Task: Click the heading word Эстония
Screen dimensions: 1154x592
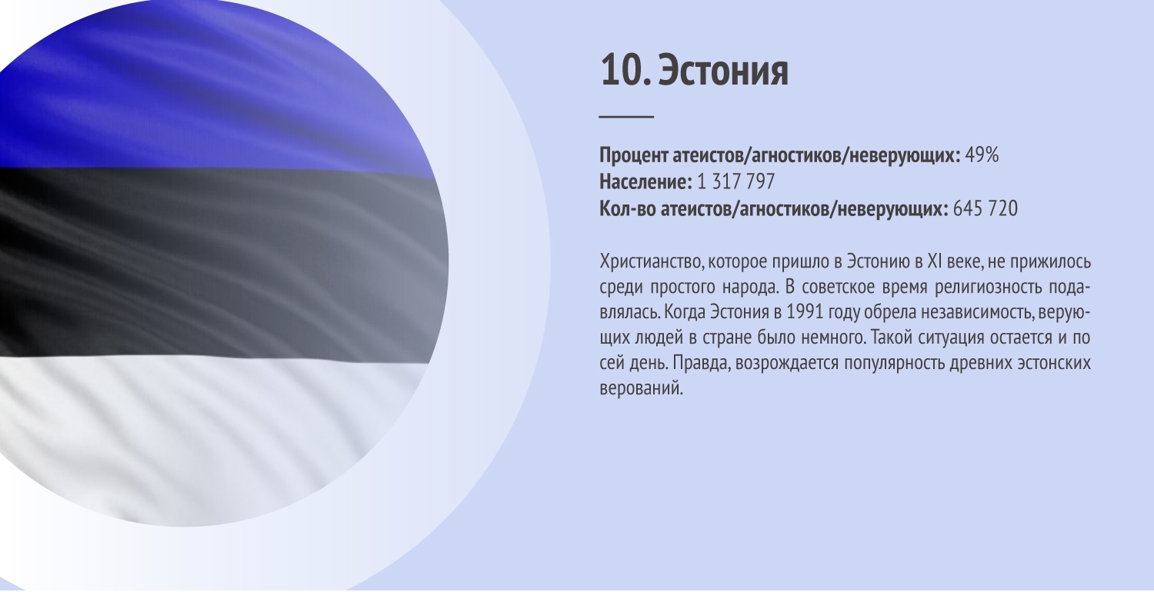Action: click(723, 71)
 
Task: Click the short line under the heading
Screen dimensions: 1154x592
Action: click(626, 118)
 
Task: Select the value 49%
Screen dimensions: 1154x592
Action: click(982, 155)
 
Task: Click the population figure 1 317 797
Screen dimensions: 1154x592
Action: click(735, 181)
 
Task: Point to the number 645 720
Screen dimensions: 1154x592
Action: click(985, 208)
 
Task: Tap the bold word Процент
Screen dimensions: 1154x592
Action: click(634, 155)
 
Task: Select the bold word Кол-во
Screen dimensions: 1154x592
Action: click(628, 208)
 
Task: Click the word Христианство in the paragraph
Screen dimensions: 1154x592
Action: click(651, 262)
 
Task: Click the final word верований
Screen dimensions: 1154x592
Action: click(642, 388)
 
